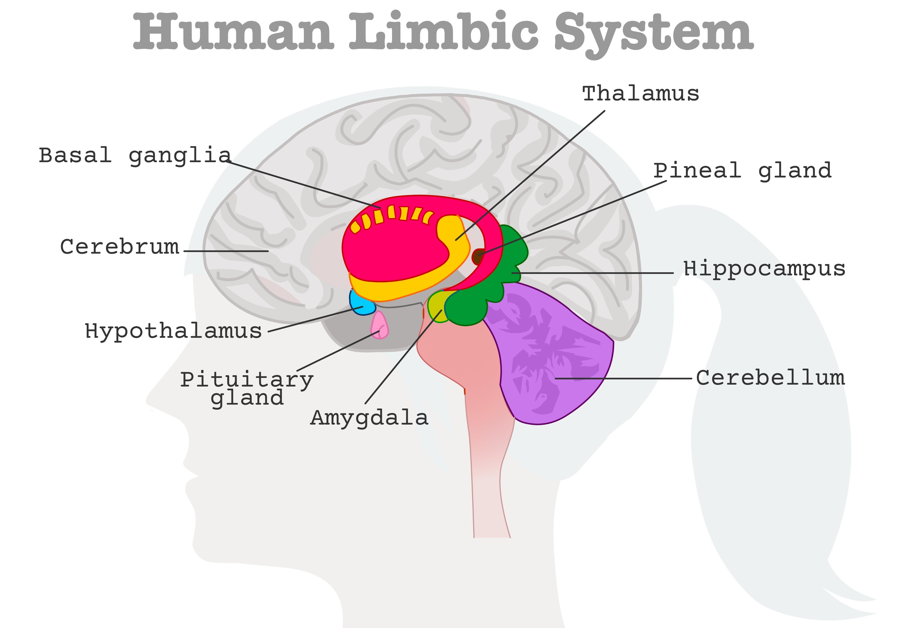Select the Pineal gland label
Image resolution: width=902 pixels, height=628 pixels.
[743, 171]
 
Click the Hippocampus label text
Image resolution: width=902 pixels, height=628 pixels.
[764, 269]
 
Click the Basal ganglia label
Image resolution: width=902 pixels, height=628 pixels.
[135, 156]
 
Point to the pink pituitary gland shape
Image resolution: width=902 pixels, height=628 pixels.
[380, 325]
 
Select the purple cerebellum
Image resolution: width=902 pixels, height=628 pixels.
[550, 354]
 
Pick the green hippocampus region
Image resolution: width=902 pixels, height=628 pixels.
[491, 287]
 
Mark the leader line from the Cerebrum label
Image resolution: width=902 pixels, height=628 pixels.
[226, 251]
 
